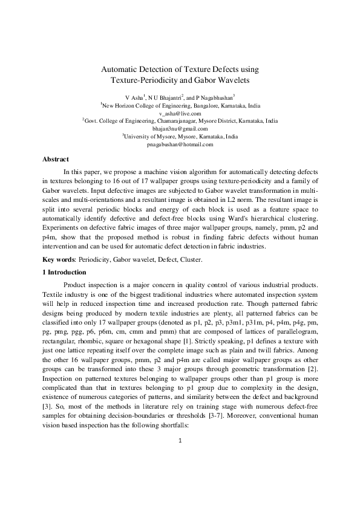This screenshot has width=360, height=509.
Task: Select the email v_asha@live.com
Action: pyautogui.click(x=180, y=113)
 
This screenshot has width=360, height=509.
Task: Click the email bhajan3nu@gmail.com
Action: pyautogui.click(x=180, y=129)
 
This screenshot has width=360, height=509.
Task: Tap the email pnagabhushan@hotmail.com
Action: pyautogui.click(x=180, y=144)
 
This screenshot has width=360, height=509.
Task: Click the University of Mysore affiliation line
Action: pyautogui.click(x=180, y=137)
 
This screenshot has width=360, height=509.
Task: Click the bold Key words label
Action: pyautogui.click(x=59, y=259)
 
